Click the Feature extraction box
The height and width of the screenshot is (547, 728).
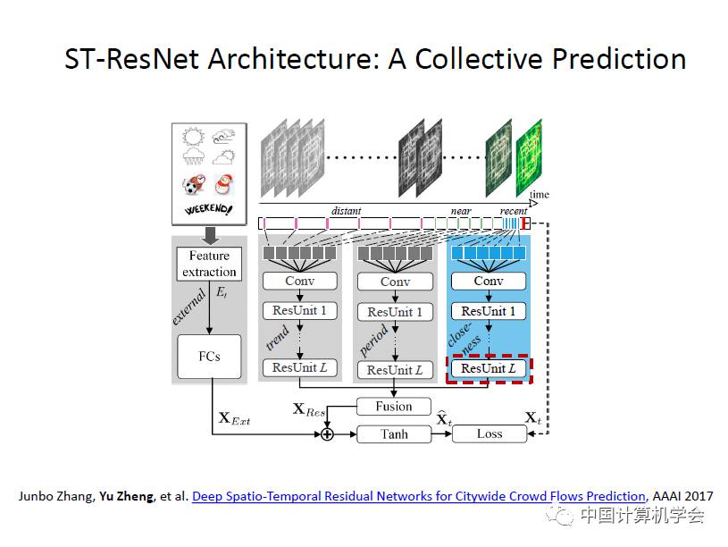210,264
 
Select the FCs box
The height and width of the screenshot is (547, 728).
209,355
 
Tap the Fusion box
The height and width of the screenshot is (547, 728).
394,407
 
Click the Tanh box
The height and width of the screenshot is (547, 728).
394,434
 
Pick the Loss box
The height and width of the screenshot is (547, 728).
490,434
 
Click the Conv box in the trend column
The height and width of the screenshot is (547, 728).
300,281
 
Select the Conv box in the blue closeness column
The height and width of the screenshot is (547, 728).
489,281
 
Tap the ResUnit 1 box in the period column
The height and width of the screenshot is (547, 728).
394,312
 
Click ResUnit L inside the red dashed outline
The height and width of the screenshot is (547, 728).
489,368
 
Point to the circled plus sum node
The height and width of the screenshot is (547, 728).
327,434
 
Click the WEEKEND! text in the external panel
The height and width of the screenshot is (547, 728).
208,210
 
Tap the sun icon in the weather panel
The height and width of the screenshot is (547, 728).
191,138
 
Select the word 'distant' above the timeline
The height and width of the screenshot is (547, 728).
347,212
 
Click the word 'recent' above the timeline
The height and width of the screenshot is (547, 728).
514,212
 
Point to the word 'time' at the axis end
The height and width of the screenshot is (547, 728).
540,195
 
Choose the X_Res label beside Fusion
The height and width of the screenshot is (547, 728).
310,409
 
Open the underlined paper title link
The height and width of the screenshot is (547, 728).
418,496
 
